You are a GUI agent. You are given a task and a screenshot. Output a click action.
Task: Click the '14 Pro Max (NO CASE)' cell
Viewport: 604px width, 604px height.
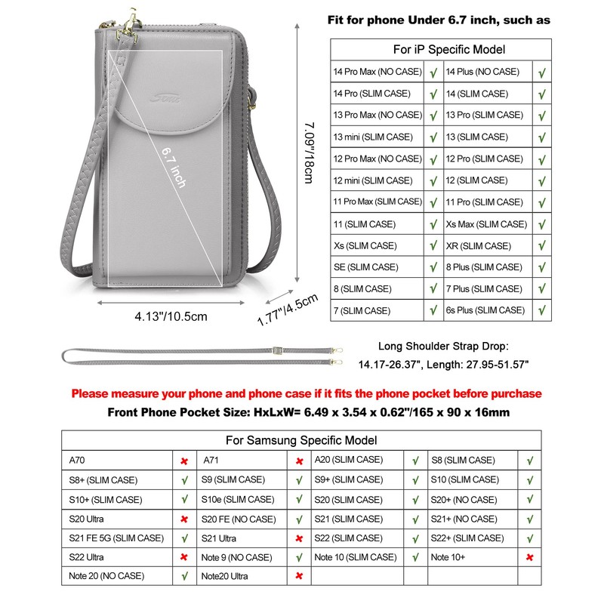pos(377,72)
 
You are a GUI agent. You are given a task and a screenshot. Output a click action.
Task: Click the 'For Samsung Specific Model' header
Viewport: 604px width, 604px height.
pos(301,440)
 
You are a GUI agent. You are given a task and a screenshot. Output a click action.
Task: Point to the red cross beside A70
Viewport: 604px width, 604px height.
pos(183,461)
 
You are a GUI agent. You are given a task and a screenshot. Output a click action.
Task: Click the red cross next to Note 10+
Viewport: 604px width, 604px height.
pos(529,557)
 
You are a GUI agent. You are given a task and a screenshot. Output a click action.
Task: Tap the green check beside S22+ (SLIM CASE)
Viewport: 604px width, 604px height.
pos(529,538)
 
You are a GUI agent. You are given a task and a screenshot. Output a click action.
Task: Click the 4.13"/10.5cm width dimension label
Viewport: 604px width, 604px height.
pos(171,316)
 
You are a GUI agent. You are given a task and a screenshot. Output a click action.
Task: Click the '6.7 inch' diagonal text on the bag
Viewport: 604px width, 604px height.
pos(173,168)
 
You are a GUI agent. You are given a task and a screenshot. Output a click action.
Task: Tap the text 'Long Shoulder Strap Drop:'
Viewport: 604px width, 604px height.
pos(444,347)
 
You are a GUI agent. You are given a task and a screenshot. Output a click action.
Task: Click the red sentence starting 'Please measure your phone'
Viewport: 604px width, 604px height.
pos(306,393)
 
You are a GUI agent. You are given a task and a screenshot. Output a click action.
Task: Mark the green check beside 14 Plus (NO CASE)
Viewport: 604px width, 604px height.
pos(542,72)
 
